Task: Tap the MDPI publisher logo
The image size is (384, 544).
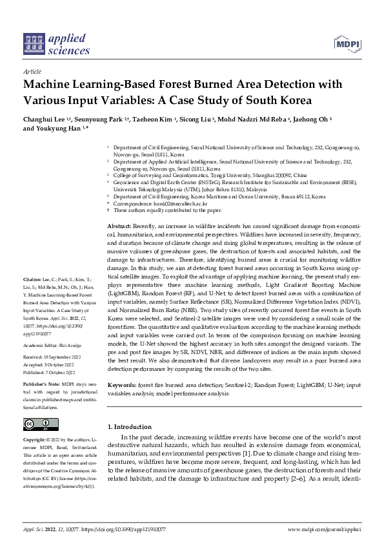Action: [347, 44]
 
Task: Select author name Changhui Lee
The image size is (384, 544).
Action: [47, 120]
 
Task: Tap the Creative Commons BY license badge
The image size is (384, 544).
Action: [38, 424]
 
